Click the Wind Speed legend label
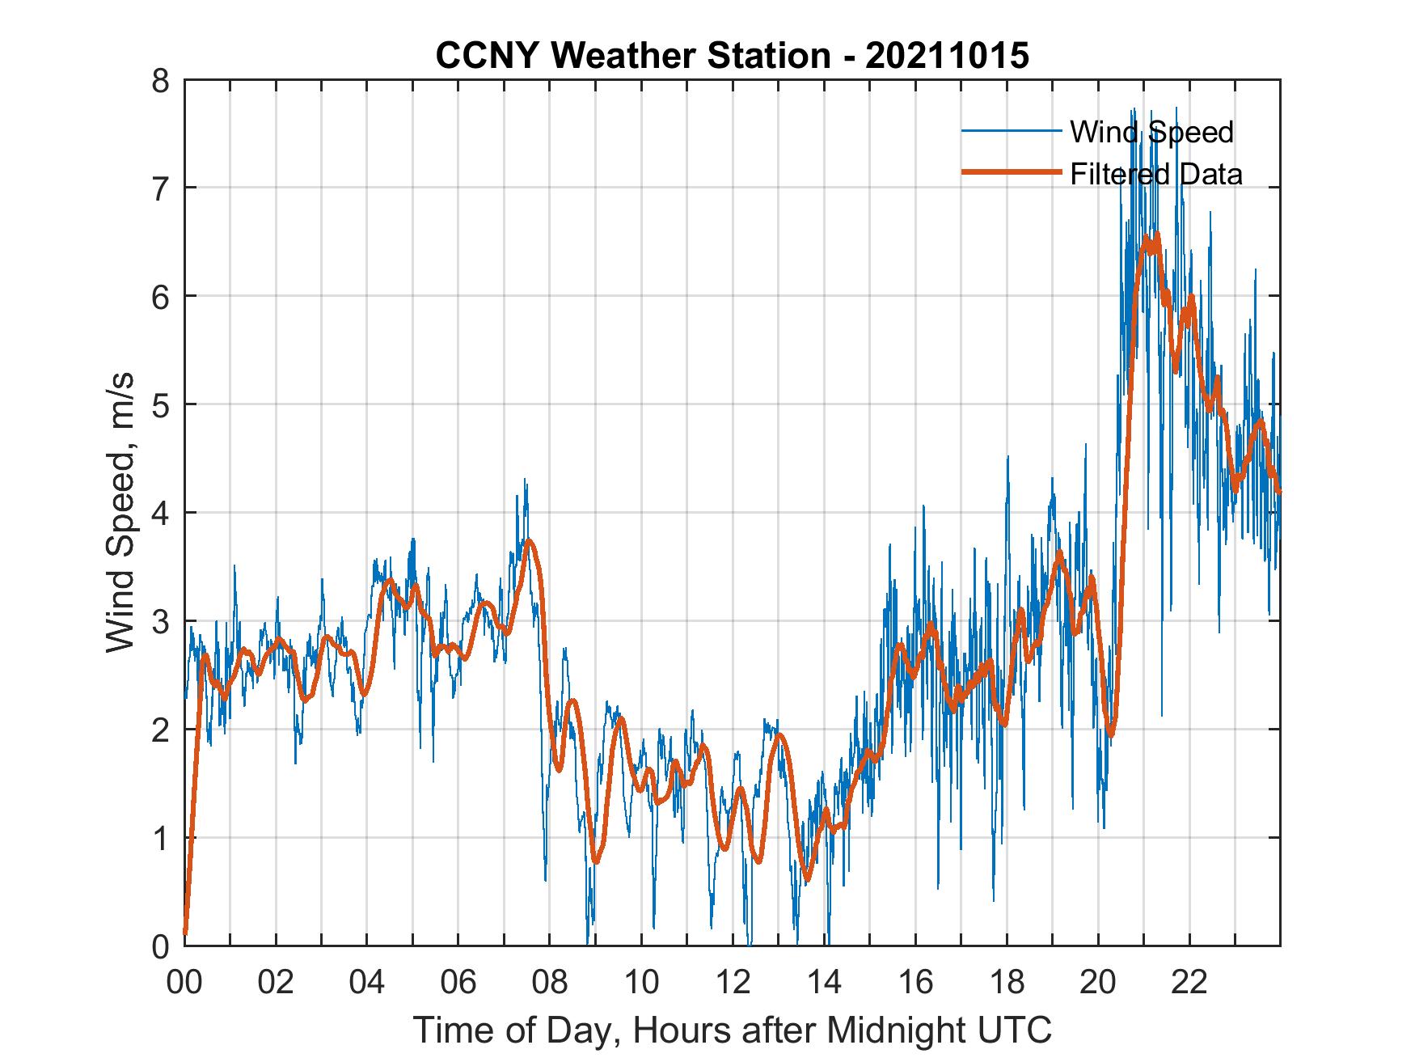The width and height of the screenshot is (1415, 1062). pos(1151,132)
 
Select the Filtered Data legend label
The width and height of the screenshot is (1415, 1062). pos(1156,174)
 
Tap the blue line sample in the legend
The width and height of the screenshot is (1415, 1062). pos(1011,131)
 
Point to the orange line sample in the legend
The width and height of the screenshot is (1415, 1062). pos(1011,172)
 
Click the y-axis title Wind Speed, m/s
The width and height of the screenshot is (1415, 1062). pos(121,513)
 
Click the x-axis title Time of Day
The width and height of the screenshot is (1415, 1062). pos(733,1031)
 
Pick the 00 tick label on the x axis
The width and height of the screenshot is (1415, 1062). pos(184,983)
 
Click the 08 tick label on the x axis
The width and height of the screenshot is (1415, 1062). pos(550,983)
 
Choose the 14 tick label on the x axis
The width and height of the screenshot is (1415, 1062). pos(824,983)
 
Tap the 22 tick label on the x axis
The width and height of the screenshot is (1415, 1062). pos(1189,983)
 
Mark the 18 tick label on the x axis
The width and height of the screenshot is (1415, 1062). pos(1007,983)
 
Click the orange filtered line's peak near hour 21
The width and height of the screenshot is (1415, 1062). pos(1156,235)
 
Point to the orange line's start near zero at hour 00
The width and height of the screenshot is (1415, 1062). pos(186,932)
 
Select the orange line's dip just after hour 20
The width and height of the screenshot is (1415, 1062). pos(1111,734)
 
